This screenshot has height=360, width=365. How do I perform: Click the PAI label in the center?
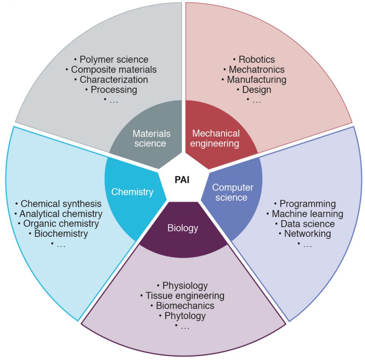pos(182,180)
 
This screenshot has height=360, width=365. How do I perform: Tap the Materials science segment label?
pos(151,139)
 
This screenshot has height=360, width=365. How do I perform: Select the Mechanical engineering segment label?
pos(215,139)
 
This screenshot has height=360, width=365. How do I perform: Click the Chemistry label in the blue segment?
pos(132,192)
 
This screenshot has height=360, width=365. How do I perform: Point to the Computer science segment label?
pos(232,192)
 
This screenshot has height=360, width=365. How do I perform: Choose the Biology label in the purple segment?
pos(183,228)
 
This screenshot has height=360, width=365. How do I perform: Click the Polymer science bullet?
pos(111,59)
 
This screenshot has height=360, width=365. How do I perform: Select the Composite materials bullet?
pos(111,69)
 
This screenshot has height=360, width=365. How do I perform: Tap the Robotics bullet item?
pos(254,59)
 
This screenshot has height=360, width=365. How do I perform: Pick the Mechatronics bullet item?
pos(254,69)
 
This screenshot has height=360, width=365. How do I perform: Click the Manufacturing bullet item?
pos(254,80)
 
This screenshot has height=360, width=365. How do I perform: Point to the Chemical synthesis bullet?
pos(58,204)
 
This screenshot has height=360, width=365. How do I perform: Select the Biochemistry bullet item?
pos(58,234)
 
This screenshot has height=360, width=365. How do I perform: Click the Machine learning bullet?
pos(305,214)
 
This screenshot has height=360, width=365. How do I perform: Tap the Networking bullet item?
pos(305,234)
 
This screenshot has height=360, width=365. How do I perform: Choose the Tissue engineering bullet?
pos(182,296)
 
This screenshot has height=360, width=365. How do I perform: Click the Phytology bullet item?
pos(182,316)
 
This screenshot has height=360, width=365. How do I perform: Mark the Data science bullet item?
pos(305,224)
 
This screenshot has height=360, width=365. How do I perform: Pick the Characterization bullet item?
pos(111,80)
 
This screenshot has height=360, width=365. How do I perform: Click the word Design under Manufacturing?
pos(257,90)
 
